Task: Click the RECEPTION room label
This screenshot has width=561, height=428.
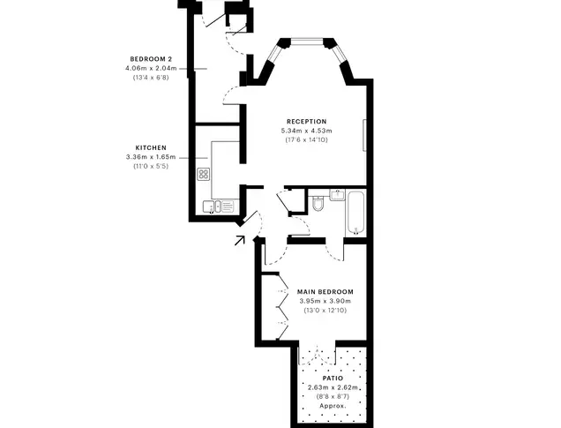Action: [x=307, y=122]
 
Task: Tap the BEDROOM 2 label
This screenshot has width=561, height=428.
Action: [x=151, y=59]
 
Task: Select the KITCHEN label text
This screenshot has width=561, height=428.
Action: [x=151, y=147]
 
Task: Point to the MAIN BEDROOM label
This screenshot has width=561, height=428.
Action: [x=325, y=291]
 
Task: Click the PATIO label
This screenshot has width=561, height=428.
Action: [x=333, y=379]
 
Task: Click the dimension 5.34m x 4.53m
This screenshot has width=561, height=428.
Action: [x=307, y=131]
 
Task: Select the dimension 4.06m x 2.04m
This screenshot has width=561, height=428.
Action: [x=151, y=68]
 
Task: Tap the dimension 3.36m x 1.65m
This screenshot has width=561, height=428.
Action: [x=151, y=157]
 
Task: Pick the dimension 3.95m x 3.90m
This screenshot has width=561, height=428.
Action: [x=325, y=301]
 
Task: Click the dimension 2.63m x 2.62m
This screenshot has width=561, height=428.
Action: [x=333, y=387]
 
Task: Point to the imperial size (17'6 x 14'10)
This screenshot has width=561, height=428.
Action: [x=307, y=140]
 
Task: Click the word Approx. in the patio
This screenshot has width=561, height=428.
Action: [x=333, y=406]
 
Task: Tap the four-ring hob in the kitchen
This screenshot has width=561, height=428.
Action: [x=204, y=174]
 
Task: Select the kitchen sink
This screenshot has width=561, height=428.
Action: [x=212, y=206]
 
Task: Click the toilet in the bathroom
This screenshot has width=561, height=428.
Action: [x=317, y=203]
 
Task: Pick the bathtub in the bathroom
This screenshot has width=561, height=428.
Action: [x=356, y=213]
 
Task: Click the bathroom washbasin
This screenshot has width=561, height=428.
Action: [x=337, y=195]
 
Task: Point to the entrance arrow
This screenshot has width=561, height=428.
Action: [x=240, y=240]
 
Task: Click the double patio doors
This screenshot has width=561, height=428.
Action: [x=317, y=356]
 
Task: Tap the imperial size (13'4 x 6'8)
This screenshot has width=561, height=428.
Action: [x=151, y=78]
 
